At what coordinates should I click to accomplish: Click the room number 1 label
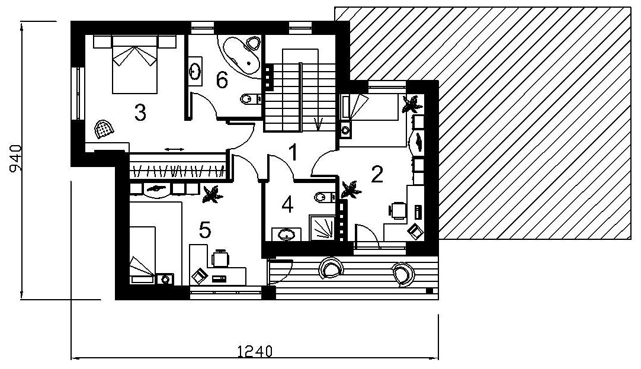(293, 152)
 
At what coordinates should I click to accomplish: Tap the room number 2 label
(377, 175)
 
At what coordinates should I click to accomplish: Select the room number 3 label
(140, 113)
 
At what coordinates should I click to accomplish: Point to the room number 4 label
(288, 205)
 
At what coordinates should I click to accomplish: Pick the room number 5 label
(205, 230)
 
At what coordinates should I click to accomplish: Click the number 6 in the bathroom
(222, 80)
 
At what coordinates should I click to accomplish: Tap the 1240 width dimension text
(255, 351)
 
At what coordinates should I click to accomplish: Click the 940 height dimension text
(15, 159)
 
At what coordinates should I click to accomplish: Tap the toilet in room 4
(325, 197)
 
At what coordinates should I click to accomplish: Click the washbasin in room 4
(287, 235)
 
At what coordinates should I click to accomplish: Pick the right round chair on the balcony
(403, 274)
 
